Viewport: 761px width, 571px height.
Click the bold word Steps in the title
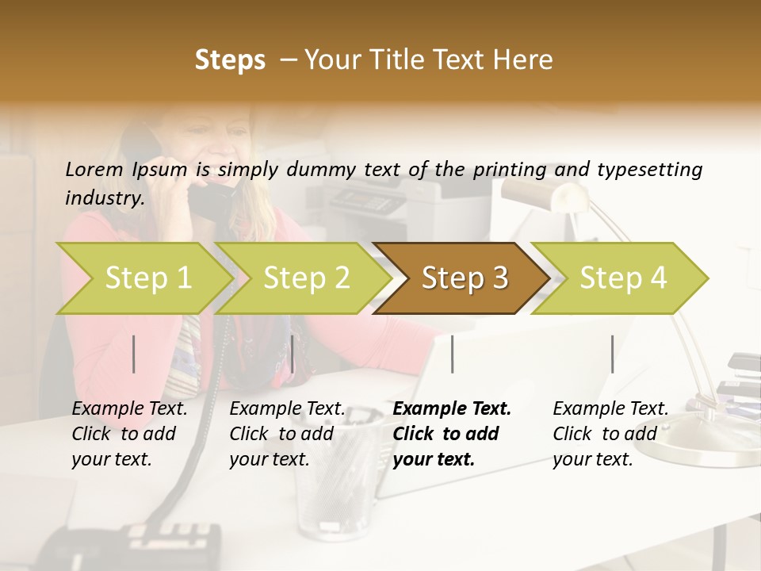click(230, 59)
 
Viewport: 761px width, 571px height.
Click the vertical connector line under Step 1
click(134, 354)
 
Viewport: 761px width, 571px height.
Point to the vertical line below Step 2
click(293, 354)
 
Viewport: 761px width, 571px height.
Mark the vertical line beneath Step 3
click(452, 354)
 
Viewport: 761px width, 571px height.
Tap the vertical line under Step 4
click(612, 354)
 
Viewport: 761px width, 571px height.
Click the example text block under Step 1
click(129, 433)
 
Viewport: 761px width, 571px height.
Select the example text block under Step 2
click(287, 433)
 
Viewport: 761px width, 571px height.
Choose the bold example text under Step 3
click(452, 433)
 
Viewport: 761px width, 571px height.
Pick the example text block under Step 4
click(610, 433)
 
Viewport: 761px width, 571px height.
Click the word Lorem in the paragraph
click(94, 169)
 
